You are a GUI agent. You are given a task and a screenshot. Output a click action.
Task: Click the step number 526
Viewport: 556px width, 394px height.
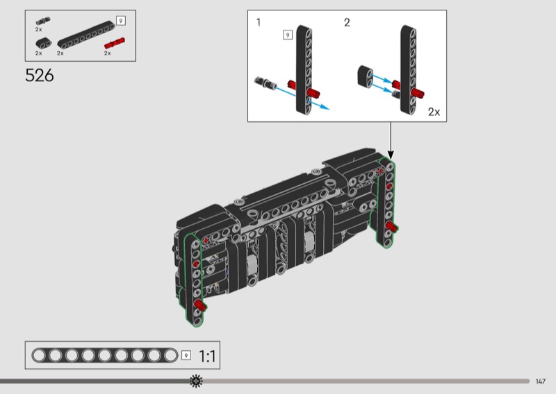[40, 76]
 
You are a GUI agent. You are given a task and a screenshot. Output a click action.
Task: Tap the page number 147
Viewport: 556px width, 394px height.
[540, 382]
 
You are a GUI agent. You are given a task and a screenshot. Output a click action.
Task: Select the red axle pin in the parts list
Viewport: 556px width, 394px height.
[115, 43]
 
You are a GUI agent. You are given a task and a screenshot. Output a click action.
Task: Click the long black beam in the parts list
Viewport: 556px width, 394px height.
[86, 35]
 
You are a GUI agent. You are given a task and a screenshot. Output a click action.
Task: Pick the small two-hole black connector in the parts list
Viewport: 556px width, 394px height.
[43, 43]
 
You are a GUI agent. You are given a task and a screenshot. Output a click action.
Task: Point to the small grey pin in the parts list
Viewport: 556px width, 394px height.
[43, 21]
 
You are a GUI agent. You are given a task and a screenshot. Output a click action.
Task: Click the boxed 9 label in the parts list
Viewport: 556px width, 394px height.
[121, 21]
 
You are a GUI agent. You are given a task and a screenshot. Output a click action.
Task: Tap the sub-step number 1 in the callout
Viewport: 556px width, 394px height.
[259, 22]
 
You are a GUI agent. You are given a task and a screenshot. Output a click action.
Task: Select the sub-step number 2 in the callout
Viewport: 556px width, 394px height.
[347, 23]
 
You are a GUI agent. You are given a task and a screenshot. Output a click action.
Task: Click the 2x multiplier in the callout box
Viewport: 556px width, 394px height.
[434, 112]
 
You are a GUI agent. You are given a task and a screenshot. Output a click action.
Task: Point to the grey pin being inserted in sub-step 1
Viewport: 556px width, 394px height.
[265, 83]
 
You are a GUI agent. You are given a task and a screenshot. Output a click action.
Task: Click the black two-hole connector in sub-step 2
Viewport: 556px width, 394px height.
[366, 77]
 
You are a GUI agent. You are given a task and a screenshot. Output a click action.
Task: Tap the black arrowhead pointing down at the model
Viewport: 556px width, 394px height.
[391, 155]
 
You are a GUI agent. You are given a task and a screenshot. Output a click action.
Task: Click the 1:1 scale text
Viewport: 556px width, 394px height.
[207, 356]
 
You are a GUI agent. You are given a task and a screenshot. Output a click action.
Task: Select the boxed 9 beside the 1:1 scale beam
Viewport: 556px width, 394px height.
[186, 355]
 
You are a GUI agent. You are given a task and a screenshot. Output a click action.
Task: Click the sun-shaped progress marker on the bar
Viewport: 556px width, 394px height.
[196, 381]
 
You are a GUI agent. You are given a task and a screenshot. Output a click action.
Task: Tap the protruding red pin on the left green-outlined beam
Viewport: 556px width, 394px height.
[200, 305]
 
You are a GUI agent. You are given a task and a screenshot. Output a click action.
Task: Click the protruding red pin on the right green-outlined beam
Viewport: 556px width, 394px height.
[391, 227]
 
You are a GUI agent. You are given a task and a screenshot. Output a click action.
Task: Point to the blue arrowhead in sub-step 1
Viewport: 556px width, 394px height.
[325, 107]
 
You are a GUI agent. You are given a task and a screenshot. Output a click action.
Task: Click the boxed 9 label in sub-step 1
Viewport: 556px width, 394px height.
[288, 35]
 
